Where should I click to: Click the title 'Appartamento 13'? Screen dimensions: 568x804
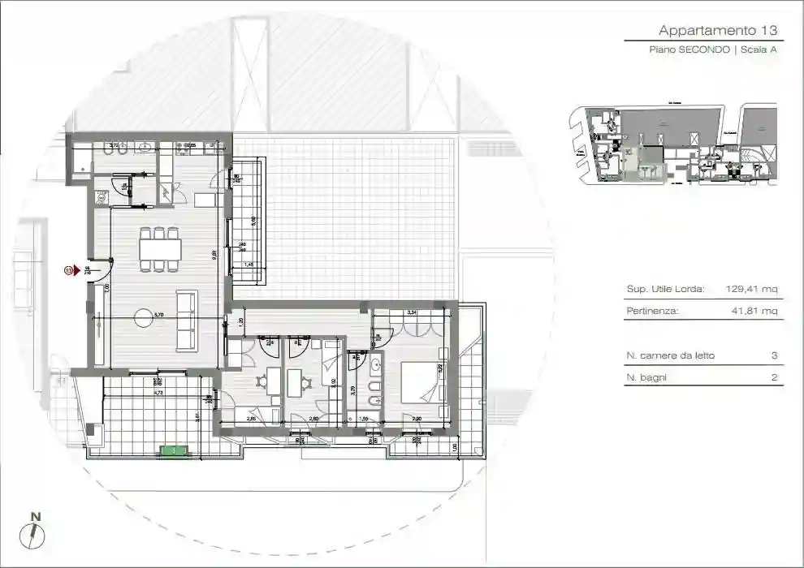[719, 31]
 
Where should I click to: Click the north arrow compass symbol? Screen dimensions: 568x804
[32, 533]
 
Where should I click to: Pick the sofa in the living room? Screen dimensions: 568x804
[186, 321]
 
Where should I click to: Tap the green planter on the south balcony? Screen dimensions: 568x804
[172, 450]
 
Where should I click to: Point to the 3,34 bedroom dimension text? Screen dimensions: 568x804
[412, 312]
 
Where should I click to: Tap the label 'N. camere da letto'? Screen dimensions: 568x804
[671, 355]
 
